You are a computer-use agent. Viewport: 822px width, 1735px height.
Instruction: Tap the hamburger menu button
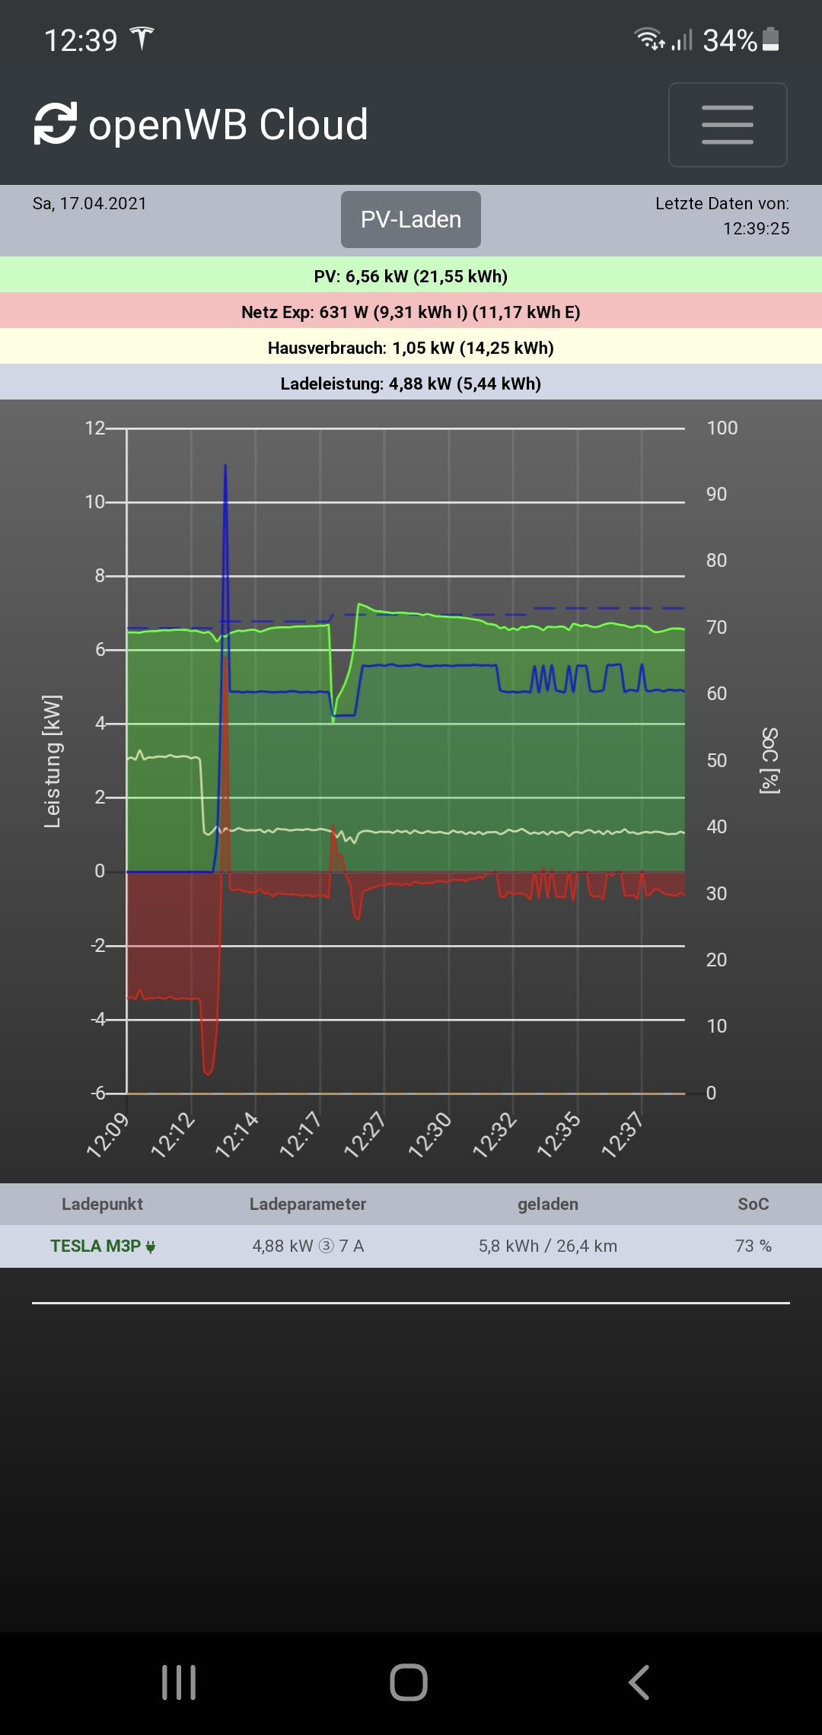coord(727,125)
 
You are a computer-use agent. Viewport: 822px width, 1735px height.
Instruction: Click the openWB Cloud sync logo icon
coord(56,123)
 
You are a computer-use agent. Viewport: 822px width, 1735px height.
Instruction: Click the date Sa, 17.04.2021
coord(89,203)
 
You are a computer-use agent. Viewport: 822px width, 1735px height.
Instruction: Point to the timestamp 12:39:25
coord(756,228)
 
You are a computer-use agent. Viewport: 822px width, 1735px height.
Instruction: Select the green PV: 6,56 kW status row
coord(411,275)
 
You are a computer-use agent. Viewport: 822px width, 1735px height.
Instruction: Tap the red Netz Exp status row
coord(411,311)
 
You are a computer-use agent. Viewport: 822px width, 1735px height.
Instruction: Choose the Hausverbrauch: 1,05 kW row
coord(411,347)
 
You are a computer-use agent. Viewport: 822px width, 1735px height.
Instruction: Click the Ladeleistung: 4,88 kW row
coord(411,383)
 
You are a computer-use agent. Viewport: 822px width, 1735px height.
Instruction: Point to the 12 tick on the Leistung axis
coord(94,428)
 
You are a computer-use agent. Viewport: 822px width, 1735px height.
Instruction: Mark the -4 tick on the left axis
coord(98,1019)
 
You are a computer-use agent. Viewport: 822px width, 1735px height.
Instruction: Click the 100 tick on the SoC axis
coord(722,428)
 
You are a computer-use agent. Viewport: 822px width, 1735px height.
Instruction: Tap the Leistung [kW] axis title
coord(52,761)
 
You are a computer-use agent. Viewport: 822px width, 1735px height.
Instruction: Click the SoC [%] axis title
coord(769,761)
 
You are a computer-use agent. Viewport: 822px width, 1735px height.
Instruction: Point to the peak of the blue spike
coord(225,466)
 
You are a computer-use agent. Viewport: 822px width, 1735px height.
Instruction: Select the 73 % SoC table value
coord(753,1246)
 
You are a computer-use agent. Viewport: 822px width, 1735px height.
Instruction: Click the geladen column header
coord(547,1204)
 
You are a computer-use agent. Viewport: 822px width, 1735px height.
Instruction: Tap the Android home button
coord(409,1682)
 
